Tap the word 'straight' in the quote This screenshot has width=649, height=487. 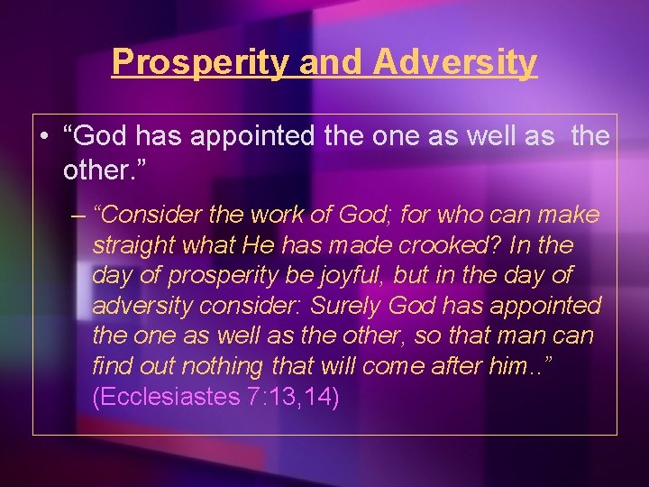point(129,245)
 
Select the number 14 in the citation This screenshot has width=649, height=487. point(316,398)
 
